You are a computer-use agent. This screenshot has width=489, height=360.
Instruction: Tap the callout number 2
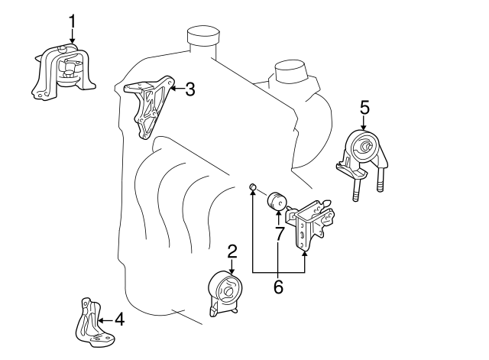click(232, 251)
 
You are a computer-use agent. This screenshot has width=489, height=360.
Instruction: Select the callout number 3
click(190, 89)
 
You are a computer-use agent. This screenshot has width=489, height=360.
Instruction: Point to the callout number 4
click(119, 319)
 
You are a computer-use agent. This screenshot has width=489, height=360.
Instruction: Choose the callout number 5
click(365, 108)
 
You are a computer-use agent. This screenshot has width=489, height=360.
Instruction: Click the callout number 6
click(278, 287)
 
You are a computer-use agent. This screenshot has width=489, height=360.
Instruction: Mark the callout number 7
click(280, 234)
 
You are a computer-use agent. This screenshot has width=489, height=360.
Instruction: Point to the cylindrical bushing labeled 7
click(277, 202)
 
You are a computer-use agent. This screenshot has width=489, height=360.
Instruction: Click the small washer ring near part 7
click(253, 186)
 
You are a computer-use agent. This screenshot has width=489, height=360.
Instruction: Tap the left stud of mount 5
click(357, 187)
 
